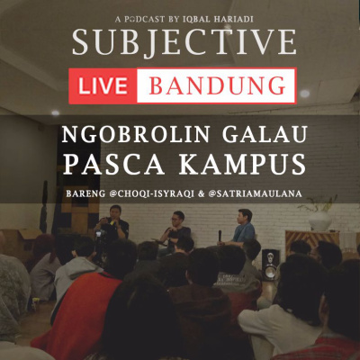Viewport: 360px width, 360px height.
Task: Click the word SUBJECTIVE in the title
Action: coord(184,41)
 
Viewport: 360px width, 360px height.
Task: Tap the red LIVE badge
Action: coord(103,85)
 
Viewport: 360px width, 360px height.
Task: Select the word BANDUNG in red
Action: coord(217,85)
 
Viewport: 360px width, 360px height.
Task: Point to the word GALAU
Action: coord(265,134)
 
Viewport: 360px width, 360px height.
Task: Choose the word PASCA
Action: coord(113,165)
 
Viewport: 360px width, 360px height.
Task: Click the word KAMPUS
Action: coord(242,165)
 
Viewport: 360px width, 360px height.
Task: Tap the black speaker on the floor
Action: coord(271,265)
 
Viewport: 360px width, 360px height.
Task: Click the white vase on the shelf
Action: coord(320,220)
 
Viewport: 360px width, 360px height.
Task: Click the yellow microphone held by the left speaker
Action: coord(112,222)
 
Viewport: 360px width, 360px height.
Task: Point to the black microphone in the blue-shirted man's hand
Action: coord(220,236)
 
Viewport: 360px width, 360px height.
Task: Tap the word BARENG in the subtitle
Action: coord(85,193)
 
